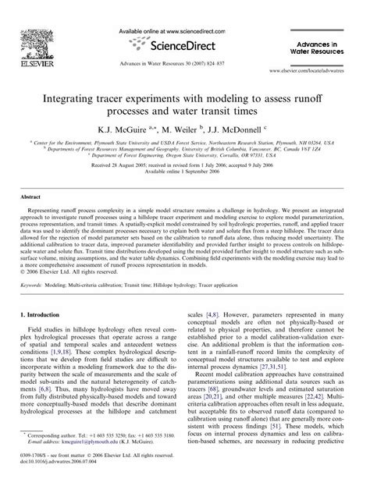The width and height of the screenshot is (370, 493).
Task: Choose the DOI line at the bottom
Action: pos(71,477)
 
